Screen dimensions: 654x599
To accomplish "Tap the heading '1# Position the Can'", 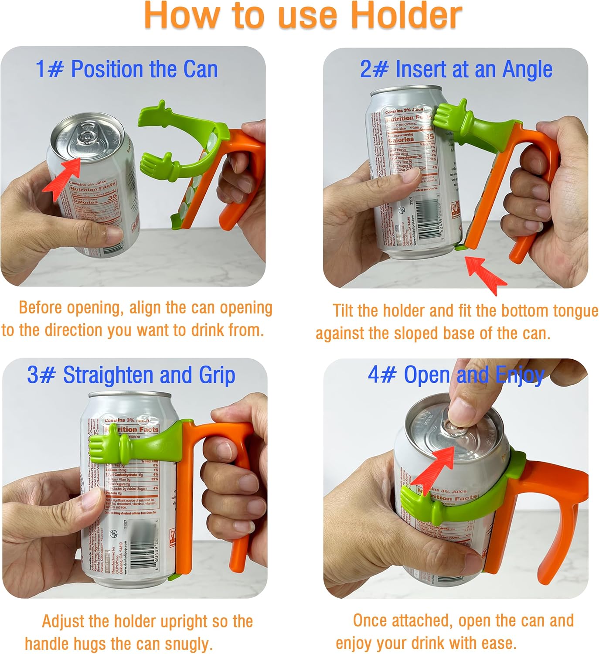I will pos(126,69).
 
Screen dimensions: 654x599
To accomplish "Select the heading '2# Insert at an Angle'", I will pos(456,69).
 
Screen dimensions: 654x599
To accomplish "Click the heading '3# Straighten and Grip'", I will pos(131,375).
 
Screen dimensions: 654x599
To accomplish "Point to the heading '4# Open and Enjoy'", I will pos(456,375).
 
